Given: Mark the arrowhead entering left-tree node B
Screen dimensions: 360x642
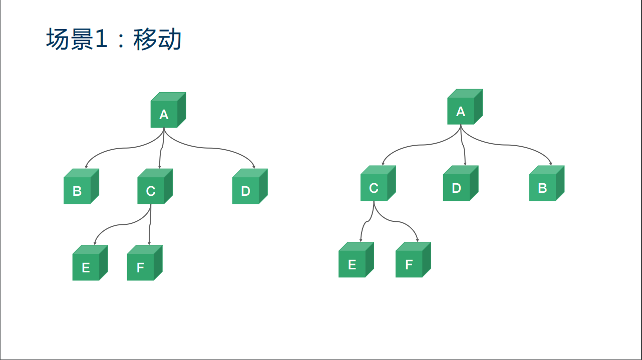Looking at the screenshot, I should (x=86, y=167).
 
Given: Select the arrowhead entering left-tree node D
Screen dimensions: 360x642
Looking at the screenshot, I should (x=254, y=167).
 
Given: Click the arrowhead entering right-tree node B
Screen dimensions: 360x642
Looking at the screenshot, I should (x=551, y=164).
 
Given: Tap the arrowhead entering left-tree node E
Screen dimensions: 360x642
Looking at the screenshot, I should (x=95, y=243).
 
